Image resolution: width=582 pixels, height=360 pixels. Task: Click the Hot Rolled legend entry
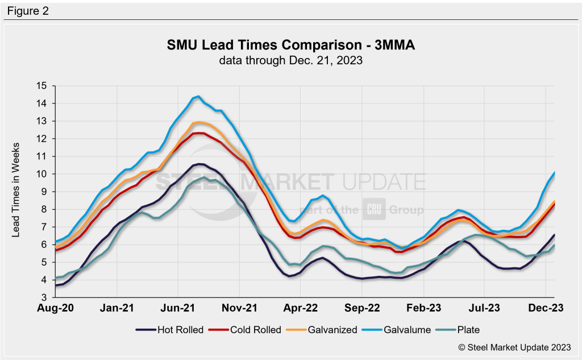pyautogui.click(x=171, y=330)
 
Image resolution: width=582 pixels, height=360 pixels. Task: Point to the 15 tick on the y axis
pyautogui.click(x=40, y=86)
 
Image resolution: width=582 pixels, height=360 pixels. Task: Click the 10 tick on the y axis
pyautogui.click(x=40, y=174)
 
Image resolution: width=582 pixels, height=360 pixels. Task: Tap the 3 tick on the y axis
pyautogui.click(x=43, y=297)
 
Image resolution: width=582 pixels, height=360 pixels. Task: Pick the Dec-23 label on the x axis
pyautogui.click(x=546, y=308)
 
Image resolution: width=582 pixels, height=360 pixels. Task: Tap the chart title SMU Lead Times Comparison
pyautogui.click(x=290, y=45)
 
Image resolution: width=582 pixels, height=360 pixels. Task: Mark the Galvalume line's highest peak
pyautogui.click(x=198, y=96)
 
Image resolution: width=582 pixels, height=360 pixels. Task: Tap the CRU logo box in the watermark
pyautogui.click(x=375, y=210)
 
